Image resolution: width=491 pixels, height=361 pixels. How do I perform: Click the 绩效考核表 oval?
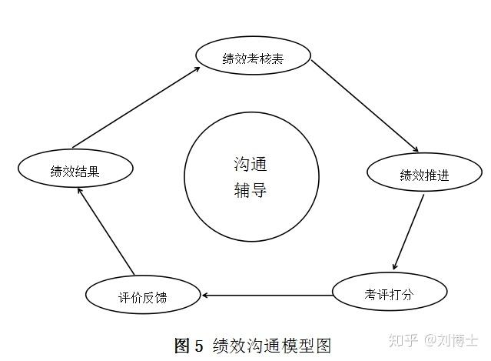click(254, 58)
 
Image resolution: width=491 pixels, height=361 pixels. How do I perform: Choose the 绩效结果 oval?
click(75, 171)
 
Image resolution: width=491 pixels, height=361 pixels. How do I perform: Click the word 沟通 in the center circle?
click(250, 164)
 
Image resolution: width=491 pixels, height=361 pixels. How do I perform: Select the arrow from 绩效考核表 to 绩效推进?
click(365, 105)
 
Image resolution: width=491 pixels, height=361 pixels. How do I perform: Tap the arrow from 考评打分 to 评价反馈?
click(267, 295)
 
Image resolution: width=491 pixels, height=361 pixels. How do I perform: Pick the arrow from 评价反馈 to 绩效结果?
click(109, 234)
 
